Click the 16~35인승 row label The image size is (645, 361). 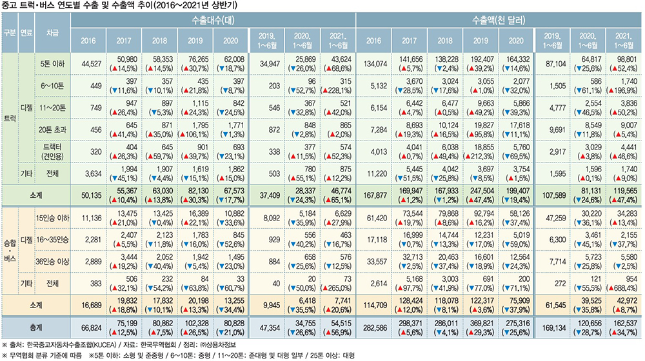click(x=54, y=239)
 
